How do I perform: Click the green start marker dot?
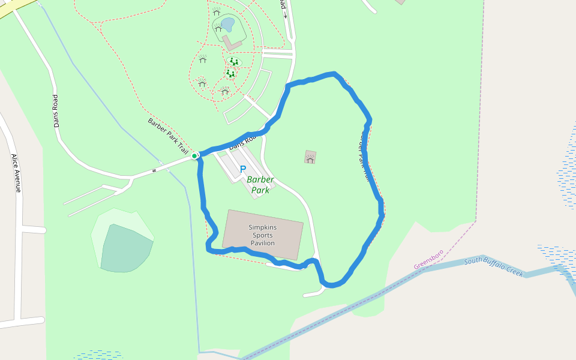pyautogui.click(x=194, y=156)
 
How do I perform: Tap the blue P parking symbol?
pyautogui.click(x=243, y=169)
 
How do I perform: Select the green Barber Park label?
pyautogui.click(x=260, y=185)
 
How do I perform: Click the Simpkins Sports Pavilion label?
pyautogui.click(x=262, y=235)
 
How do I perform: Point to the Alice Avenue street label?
pyautogui.click(x=16, y=173)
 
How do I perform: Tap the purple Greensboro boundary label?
pyautogui.click(x=428, y=259)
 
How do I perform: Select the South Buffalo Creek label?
pyautogui.click(x=494, y=266)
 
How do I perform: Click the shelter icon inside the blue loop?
pyautogui.click(x=310, y=158)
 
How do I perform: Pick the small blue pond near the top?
pyautogui.click(x=227, y=24)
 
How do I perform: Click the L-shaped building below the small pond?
pyautogui.click(x=232, y=43)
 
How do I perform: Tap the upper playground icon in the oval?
pyautogui.click(x=234, y=61)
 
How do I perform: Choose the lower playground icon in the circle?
pyautogui.click(x=230, y=73)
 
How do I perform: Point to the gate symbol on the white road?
pyautogui.click(x=154, y=170)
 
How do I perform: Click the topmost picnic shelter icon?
pyautogui.click(x=216, y=12)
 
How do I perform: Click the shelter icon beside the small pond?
pyautogui.click(x=218, y=28)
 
